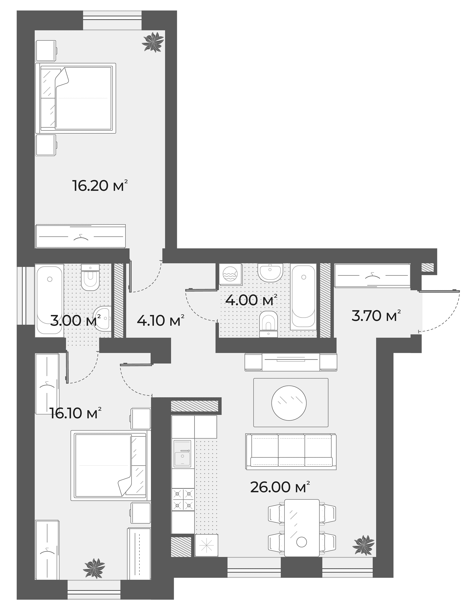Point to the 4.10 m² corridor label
[161, 320]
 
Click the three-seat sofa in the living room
[291, 451]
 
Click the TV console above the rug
[291, 362]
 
